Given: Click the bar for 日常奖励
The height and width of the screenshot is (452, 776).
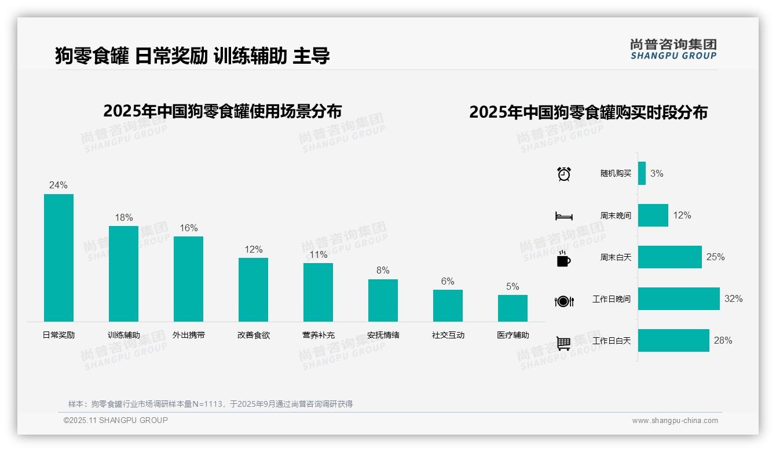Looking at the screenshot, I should [x=58, y=258].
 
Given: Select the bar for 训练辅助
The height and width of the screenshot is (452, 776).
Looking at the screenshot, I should [x=123, y=274].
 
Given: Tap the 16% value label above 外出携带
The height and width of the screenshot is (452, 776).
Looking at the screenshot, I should [x=188, y=228].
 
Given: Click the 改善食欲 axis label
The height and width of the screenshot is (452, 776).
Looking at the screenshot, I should [x=253, y=335].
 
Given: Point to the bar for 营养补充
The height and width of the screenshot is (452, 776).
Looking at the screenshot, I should [x=318, y=292].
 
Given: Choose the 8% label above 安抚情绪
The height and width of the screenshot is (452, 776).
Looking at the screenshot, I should [x=383, y=271].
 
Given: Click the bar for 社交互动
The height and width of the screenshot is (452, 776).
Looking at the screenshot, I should [x=448, y=305].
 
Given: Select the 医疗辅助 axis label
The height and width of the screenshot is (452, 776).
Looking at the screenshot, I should [x=513, y=335].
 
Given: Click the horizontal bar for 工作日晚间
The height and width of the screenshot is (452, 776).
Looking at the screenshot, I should [x=679, y=299].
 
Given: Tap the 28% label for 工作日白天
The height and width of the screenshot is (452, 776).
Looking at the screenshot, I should [x=723, y=341].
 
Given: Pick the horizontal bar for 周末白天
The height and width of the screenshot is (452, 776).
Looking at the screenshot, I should [x=669, y=257].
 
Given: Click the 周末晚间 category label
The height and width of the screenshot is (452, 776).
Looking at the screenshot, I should [x=616, y=216].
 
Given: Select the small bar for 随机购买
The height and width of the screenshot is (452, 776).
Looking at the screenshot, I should [x=642, y=174].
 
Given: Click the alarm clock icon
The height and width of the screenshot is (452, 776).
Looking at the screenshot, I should [x=563, y=174].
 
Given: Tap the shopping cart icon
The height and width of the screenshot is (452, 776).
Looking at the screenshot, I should [x=563, y=343].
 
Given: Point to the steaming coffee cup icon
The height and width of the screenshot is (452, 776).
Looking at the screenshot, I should [x=563, y=258].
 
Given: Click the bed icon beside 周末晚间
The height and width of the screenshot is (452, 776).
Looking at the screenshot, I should [x=563, y=216].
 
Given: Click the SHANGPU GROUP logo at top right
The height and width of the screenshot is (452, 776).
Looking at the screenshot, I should [x=673, y=49].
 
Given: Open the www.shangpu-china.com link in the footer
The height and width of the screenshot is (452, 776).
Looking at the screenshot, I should [x=675, y=421].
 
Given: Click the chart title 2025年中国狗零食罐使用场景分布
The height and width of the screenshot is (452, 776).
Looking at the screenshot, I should [x=222, y=111].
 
